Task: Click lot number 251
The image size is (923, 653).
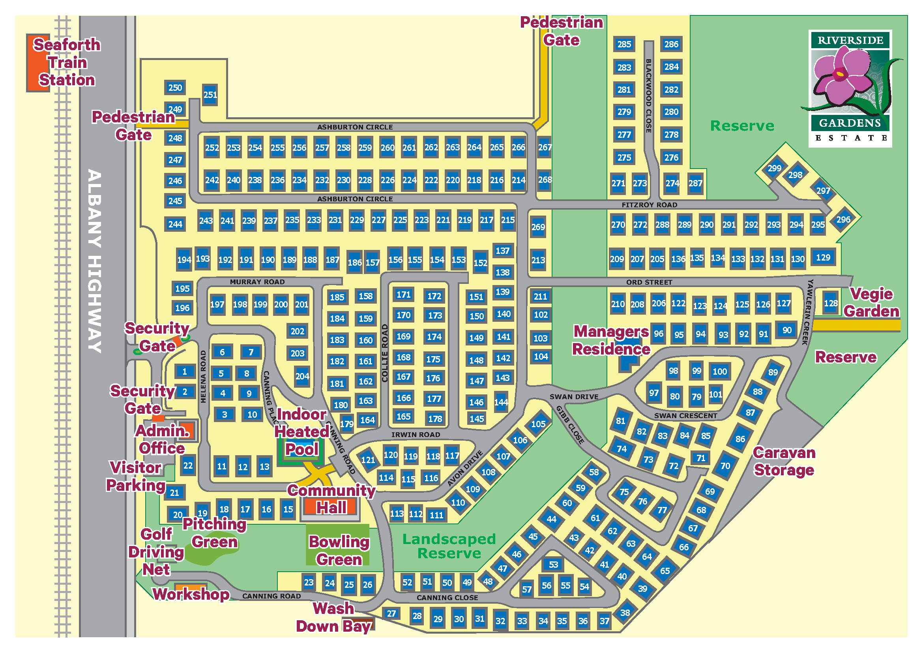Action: (210, 95)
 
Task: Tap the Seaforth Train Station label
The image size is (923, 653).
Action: (67, 62)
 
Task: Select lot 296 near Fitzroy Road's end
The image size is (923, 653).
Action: (843, 220)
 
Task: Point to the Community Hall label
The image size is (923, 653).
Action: (331, 499)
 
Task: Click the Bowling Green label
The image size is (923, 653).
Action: (339, 550)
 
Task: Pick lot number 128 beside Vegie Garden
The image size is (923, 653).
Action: (831, 303)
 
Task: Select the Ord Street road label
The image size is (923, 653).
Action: (649, 282)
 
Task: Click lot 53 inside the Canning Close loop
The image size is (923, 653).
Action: (553, 565)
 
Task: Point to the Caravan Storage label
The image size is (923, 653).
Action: (784, 461)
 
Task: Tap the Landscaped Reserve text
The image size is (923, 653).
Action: (449, 546)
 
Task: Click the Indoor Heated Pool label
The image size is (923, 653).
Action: (301, 432)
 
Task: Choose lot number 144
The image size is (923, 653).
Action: (501, 402)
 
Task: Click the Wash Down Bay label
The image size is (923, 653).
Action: (333, 617)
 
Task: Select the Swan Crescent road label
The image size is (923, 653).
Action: (685, 416)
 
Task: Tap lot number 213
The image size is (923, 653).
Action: (538, 260)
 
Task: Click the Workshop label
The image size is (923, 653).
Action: (191, 594)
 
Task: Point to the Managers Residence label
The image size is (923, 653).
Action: (611, 340)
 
